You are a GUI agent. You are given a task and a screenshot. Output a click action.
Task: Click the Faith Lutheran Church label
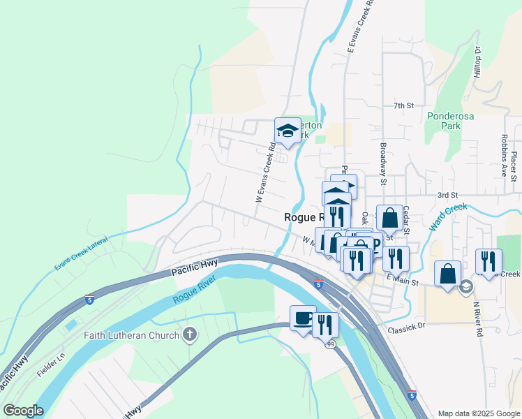pyautogui.click(x=132, y=335)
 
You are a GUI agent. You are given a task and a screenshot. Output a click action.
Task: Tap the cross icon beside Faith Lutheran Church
pyautogui.click(x=188, y=335)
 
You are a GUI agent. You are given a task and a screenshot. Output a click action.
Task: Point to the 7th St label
pyautogui.click(x=403, y=106)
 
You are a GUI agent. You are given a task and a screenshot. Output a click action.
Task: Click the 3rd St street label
pyautogui.click(x=447, y=195)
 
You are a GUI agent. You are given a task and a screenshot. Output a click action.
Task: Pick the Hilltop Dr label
pyautogui.click(x=478, y=62)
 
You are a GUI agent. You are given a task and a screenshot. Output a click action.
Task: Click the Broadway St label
pyautogui.click(x=383, y=161)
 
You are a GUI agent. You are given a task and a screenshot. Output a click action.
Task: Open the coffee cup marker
pyautogui.click(x=303, y=318)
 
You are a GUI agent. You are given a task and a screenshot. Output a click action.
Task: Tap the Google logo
pyautogui.click(x=23, y=411)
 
